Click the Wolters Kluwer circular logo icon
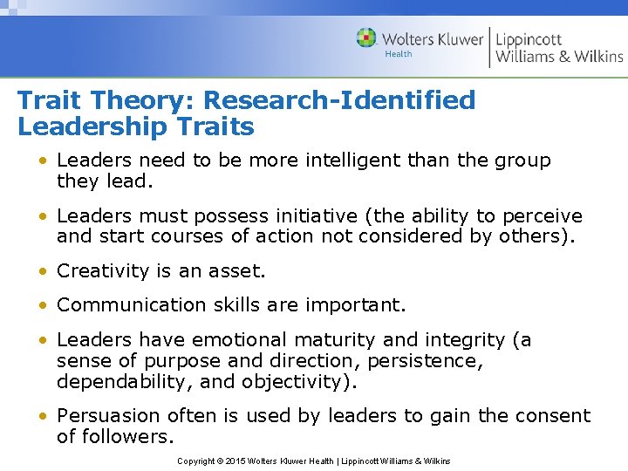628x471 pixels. pos(366,38)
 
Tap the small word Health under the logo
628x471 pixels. pos(398,54)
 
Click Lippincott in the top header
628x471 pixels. pos(529,39)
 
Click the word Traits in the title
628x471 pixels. pos(214,127)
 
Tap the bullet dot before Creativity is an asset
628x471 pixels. pos(42,272)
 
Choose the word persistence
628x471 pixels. pos(429,361)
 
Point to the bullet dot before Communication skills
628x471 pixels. pos(42,306)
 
